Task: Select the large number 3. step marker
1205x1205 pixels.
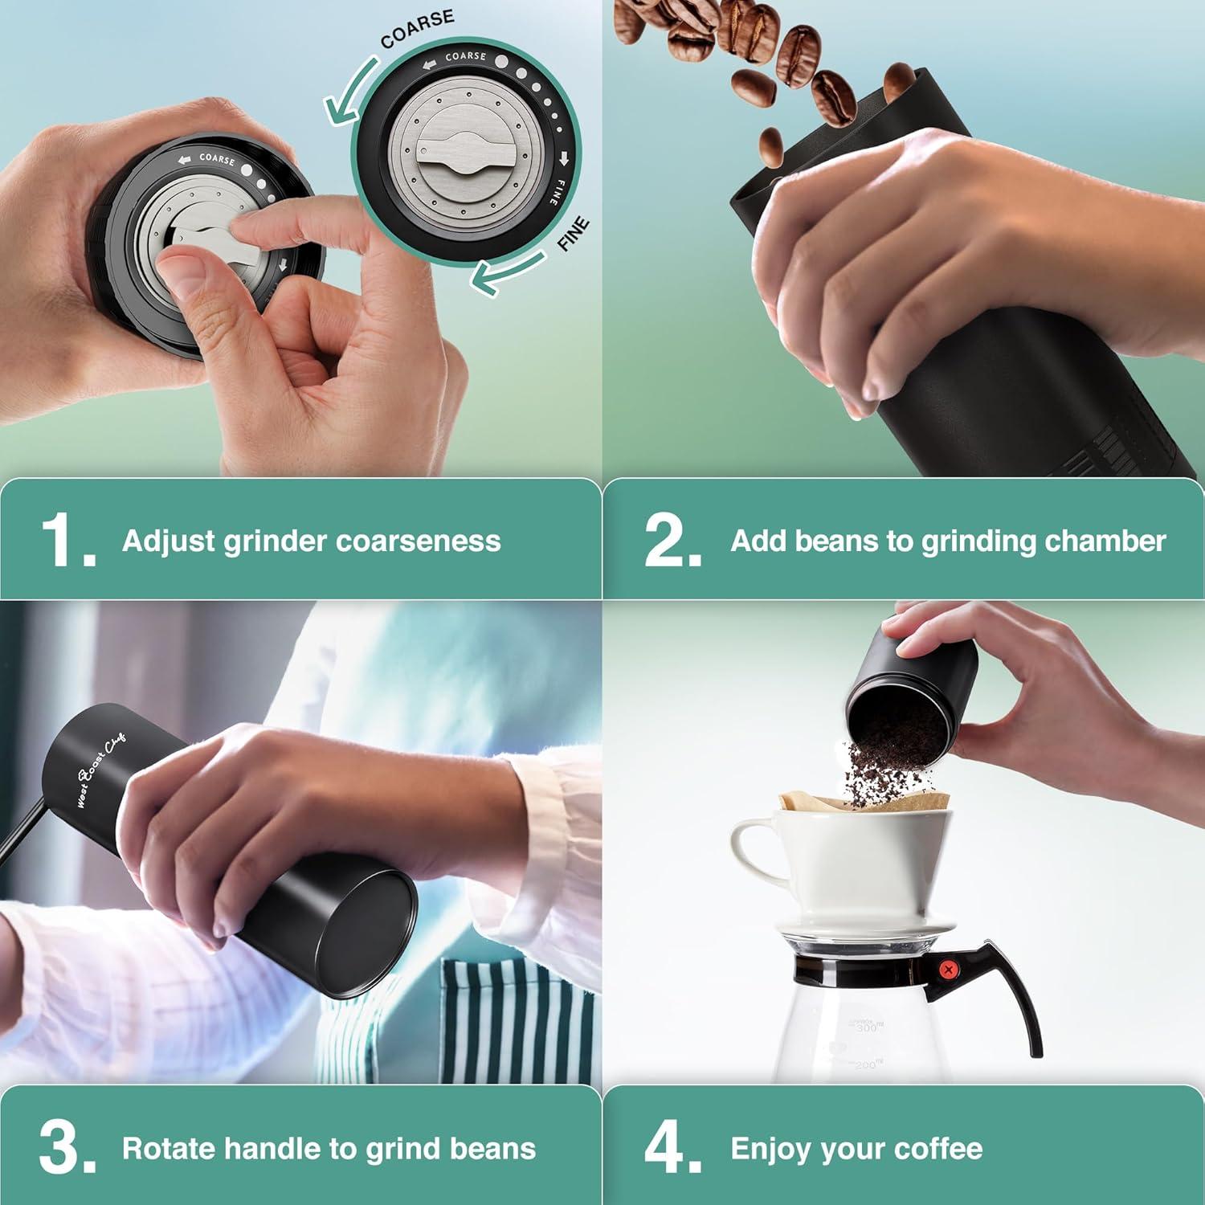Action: click(x=66, y=1150)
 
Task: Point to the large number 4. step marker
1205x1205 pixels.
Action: click(x=671, y=1150)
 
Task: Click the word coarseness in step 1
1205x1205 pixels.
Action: click(x=418, y=541)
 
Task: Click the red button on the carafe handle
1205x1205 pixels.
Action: click(x=949, y=970)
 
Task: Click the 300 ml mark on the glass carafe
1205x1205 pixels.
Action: click(x=866, y=1027)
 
